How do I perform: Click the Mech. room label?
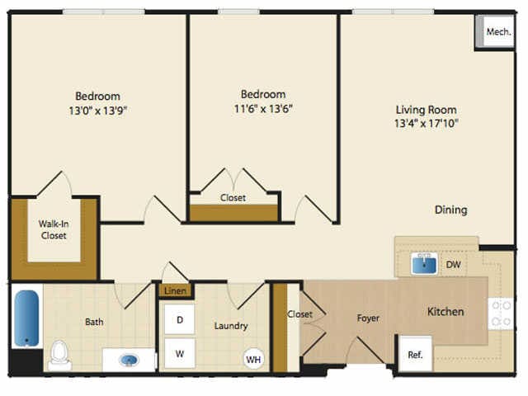[x=498, y=32]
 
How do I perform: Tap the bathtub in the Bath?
[x=26, y=318]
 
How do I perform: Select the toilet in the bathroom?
[x=59, y=356]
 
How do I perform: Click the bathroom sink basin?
[x=129, y=361]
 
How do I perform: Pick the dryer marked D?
[x=180, y=319]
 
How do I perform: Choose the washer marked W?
[x=180, y=354]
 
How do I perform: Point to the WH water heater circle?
[x=253, y=360]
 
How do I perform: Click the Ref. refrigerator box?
[x=415, y=354]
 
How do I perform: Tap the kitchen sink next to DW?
[x=424, y=263]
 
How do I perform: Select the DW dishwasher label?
[x=453, y=264]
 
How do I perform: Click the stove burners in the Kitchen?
[x=501, y=313]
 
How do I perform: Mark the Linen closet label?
[x=175, y=290]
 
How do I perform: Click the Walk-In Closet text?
[x=54, y=229]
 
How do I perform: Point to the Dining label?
[x=451, y=210]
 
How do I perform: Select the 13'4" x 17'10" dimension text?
[x=427, y=123]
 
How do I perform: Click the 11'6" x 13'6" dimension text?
[x=263, y=109]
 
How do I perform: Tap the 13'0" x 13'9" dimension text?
[x=97, y=111]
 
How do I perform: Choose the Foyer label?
[x=368, y=318]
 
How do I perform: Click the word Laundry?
[x=231, y=326]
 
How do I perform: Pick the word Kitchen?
[x=445, y=312]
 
